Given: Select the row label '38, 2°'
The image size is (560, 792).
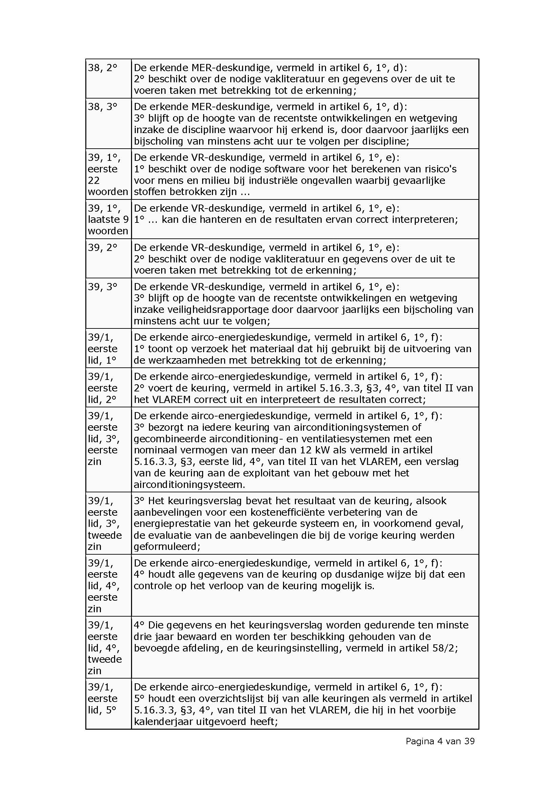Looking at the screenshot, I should (102, 68).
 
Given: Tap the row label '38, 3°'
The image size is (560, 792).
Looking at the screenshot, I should (102, 107).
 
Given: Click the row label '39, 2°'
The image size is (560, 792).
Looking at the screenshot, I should (102, 248).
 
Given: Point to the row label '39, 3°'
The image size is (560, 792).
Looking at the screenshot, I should (102, 287).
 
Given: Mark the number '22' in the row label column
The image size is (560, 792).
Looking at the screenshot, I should (94, 180).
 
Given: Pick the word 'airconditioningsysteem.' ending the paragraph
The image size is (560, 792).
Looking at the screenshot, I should (189, 485).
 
